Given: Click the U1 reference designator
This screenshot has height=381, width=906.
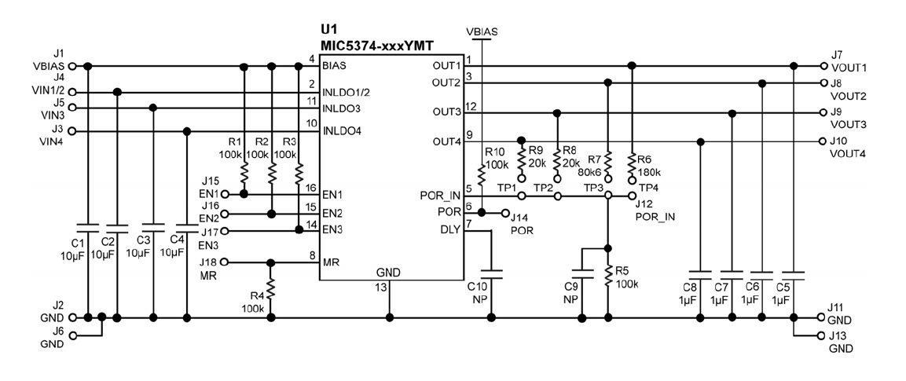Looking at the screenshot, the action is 328,29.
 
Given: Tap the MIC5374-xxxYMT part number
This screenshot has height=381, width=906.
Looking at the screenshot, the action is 376,45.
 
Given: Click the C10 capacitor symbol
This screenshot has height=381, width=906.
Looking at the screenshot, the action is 493,273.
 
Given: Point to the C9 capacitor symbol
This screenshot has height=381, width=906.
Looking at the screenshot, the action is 582,273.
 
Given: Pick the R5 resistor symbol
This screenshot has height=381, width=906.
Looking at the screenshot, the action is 608,276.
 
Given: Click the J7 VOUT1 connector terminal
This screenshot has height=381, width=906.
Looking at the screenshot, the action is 823,65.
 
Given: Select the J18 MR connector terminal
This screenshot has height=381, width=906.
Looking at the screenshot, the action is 225,262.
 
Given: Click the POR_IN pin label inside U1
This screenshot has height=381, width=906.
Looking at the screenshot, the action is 440,196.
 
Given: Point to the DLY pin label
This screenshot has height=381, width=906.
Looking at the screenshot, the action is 450,229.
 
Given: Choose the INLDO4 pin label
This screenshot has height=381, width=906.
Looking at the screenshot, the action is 342,131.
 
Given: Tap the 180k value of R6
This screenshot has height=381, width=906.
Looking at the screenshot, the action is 648,171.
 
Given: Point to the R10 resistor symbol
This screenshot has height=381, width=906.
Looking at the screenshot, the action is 482,174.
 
